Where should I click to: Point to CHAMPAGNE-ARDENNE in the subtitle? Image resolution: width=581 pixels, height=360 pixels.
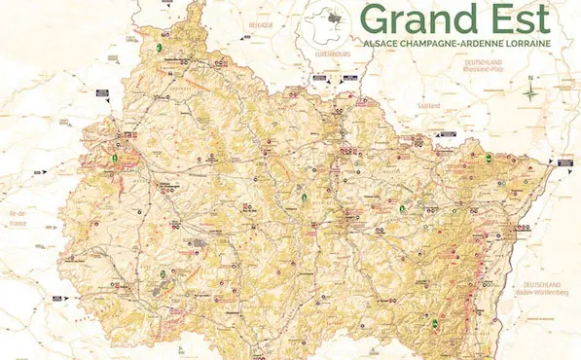tap(456, 46)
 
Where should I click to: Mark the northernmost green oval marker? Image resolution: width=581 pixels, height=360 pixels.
tap(159, 47)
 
